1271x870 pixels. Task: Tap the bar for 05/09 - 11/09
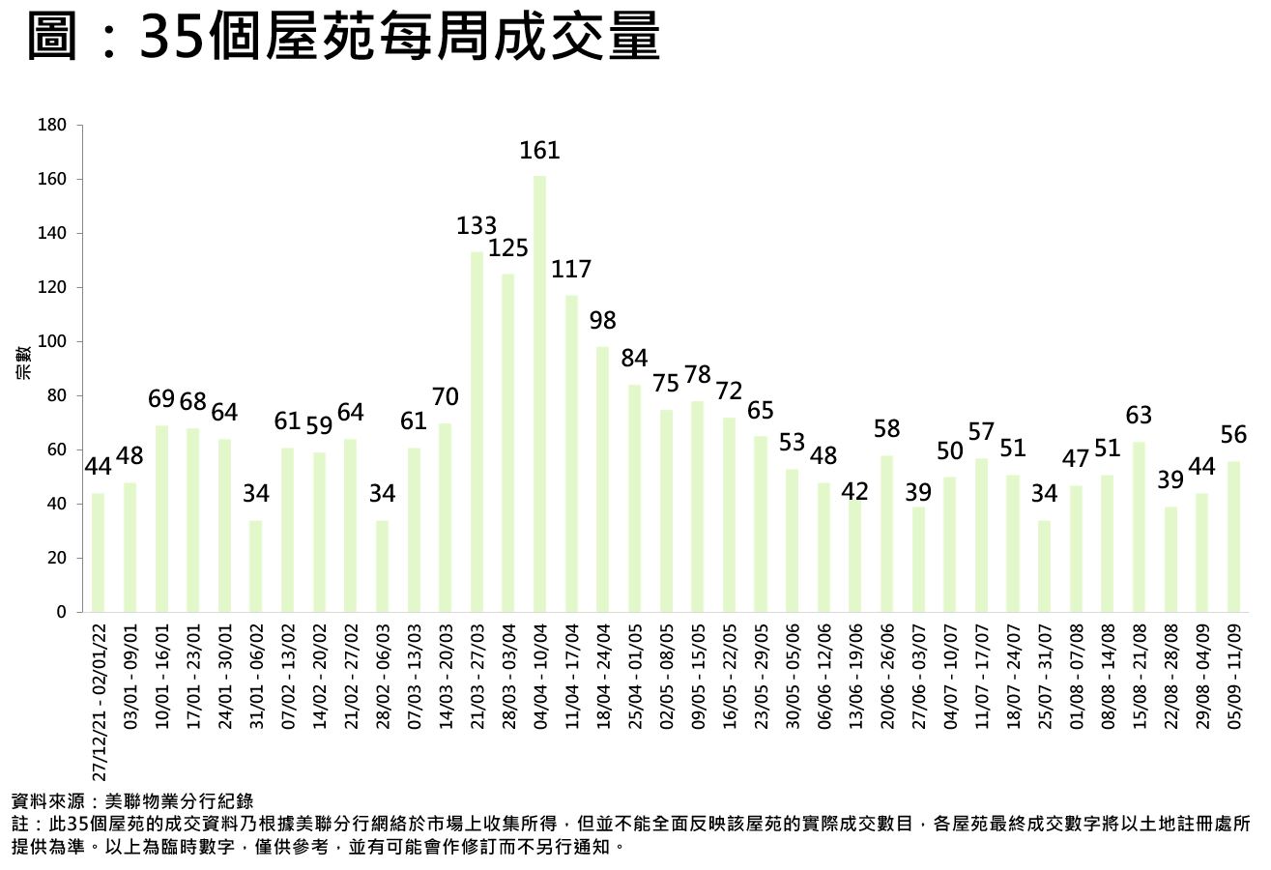(x=1233, y=536)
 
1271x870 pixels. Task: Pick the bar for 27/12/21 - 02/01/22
(x=98, y=552)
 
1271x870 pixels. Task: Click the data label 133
(x=477, y=227)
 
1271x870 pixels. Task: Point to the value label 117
(x=571, y=270)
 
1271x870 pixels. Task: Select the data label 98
(x=602, y=321)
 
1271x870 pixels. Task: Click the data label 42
(x=854, y=491)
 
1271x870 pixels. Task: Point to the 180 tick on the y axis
(x=52, y=126)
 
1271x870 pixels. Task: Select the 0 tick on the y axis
(x=61, y=612)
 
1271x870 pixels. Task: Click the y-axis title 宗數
(x=23, y=362)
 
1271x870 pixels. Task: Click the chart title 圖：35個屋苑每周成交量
(x=344, y=39)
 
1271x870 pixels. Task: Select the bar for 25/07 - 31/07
(x=1044, y=565)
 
